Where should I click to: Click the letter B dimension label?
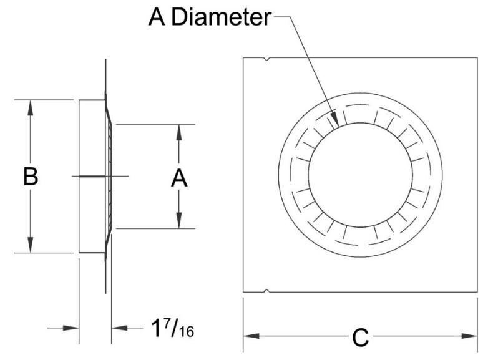point(31,177)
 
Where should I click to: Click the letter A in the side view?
point(179,178)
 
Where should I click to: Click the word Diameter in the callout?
point(222,17)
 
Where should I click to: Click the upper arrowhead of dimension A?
point(179,130)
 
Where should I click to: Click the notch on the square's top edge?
point(267,60)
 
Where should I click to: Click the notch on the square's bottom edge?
point(267,291)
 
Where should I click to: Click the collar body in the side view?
point(92,177)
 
